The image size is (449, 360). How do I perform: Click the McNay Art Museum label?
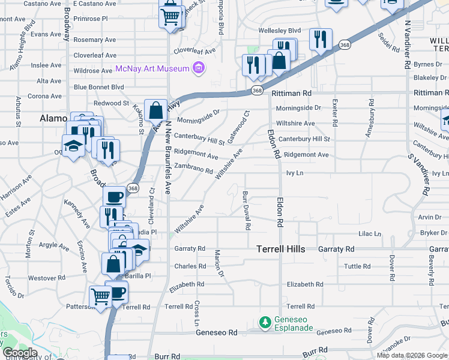click(152, 68)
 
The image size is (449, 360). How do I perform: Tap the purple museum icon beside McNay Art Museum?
click(199, 68)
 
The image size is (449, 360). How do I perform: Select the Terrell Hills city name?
click(281, 248)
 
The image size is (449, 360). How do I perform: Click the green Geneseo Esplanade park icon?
click(265, 323)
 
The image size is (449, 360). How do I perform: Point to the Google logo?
click(19, 353)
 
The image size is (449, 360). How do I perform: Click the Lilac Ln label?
click(369, 234)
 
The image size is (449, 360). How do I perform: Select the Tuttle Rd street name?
click(357, 266)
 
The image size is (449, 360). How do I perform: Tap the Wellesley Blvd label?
click(279, 30)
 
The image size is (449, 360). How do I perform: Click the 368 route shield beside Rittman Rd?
click(257, 91)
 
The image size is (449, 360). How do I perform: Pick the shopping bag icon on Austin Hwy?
click(155, 111)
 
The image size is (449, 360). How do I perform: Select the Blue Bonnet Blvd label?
click(98, 87)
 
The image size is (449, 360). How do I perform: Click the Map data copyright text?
click(411, 355)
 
